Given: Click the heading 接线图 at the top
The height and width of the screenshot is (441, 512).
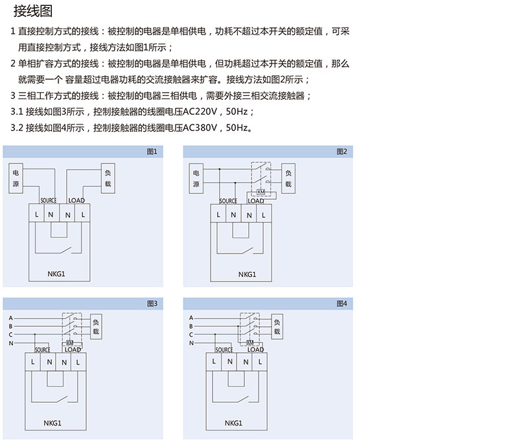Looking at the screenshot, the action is coord(34,11).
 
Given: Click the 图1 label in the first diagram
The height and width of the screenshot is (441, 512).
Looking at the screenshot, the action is coord(152,151).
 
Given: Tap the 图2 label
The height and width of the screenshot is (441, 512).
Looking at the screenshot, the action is coord(342,151).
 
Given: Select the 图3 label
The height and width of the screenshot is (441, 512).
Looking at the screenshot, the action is coord(152,303).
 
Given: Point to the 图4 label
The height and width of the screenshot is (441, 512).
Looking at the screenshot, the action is coord(342,303).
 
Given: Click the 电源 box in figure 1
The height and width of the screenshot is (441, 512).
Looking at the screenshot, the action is coord(16,178).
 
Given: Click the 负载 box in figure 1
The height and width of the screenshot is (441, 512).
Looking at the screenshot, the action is coord(108,178).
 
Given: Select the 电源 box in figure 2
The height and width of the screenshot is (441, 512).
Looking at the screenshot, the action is coord(196,178).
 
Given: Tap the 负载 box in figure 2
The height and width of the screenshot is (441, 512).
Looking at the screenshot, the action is coord(288,178).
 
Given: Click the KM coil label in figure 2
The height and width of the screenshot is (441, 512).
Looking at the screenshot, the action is coord(261,192).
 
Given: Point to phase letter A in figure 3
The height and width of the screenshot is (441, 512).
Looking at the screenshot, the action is coord(11,318).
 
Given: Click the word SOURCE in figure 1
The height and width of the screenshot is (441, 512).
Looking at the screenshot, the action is coord(48,200).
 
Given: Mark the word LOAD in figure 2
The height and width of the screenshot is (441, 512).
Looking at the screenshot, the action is coord(256,200).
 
